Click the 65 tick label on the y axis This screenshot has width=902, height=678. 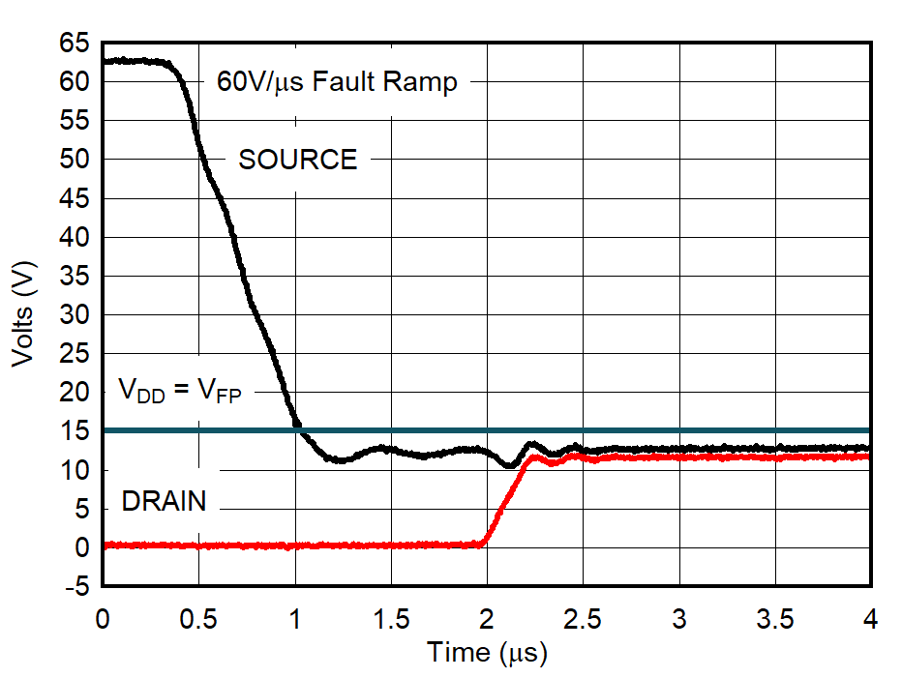tap(75, 44)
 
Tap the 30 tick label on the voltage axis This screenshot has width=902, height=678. tap(75, 315)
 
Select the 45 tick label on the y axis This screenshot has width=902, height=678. tap(75, 198)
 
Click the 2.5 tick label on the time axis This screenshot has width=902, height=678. tap(583, 618)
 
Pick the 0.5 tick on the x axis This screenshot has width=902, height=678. tap(198, 618)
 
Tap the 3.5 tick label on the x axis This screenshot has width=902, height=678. tap(775, 618)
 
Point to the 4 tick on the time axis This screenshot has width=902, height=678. tap(871, 618)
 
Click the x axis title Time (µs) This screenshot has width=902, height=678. tap(487, 654)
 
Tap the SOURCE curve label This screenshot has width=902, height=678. tap(298, 160)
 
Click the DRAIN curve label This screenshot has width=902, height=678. tap(164, 501)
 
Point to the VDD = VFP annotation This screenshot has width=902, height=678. tap(179, 392)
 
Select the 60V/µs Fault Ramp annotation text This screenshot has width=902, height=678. tap(337, 82)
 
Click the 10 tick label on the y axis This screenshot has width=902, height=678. tap(75, 470)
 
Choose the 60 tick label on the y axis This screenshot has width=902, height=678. tap(75, 82)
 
